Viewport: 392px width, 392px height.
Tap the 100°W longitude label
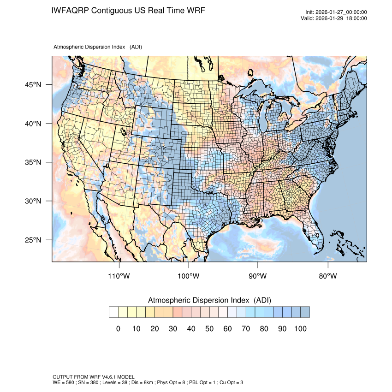tap(189, 276)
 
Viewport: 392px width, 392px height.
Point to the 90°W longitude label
tap(258, 276)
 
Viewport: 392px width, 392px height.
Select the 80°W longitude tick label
tap(328, 276)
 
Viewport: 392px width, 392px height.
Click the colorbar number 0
tap(118, 328)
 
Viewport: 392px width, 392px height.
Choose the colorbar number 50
tap(209, 328)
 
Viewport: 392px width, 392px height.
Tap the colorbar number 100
tap(300, 328)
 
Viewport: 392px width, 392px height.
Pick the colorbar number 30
tap(173, 328)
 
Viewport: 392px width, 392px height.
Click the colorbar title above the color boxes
tap(209, 300)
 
